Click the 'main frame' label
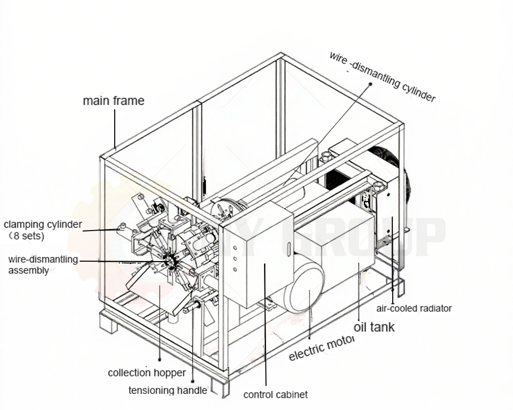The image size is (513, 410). click(x=113, y=101)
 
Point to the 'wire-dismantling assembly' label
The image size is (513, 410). click(x=43, y=265)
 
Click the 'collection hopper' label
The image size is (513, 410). click(x=147, y=373)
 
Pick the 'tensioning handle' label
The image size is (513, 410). click(x=168, y=390)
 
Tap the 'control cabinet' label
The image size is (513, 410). click(x=276, y=394)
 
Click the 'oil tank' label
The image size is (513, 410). click(x=374, y=327)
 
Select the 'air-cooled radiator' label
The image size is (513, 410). click(x=414, y=308)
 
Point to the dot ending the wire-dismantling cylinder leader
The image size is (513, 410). click(x=370, y=84)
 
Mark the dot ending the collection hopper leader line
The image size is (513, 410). click(x=159, y=359)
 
